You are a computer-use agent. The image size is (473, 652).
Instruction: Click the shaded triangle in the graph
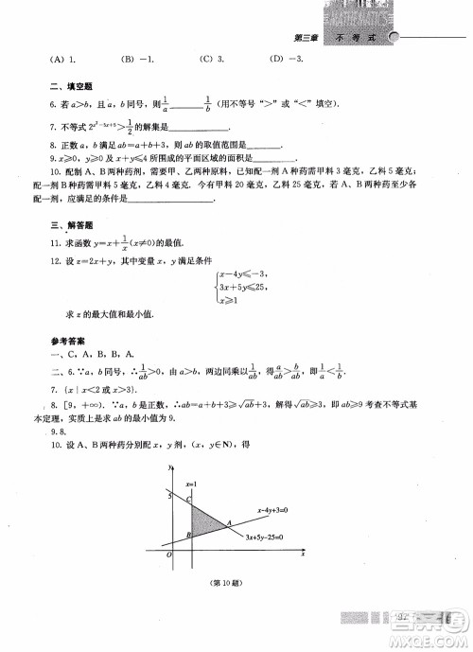click(201, 520)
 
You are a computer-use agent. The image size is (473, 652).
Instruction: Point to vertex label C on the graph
click(189, 498)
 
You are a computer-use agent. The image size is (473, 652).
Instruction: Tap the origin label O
click(168, 557)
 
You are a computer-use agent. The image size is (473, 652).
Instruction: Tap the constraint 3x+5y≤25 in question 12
click(243, 285)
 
